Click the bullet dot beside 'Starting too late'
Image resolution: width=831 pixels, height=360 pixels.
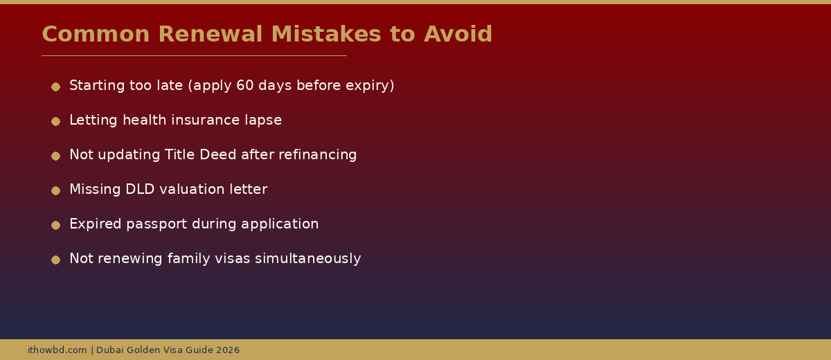click(55, 87)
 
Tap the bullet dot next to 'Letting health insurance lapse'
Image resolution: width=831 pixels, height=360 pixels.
click(55, 121)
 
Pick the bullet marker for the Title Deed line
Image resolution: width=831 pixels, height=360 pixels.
click(55, 156)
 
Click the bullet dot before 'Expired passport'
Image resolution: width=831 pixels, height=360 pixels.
click(55, 225)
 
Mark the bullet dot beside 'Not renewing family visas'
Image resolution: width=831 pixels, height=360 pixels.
click(55, 260)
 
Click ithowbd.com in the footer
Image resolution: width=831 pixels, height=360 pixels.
click(57, 350)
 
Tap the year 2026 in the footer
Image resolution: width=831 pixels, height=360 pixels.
click(227, 350)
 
